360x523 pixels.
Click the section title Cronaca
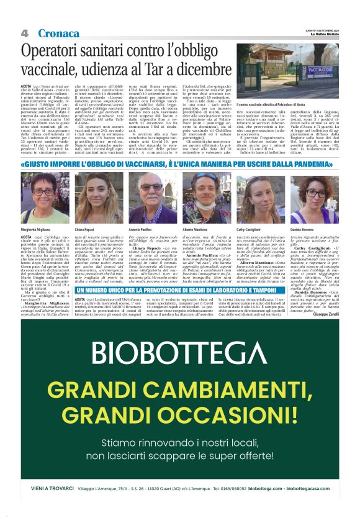pyautogui.click(x=58, y=33)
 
